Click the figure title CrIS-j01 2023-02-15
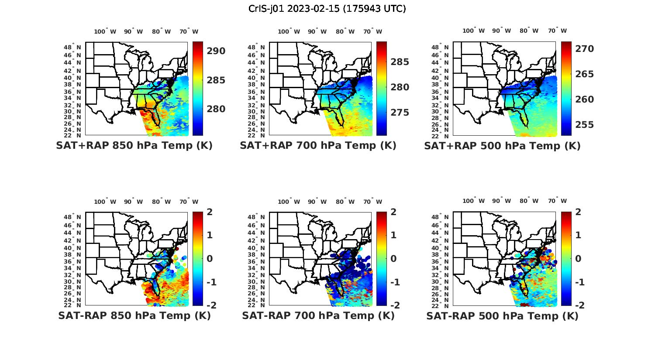pos(327,8)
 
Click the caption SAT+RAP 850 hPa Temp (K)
pos(134,145)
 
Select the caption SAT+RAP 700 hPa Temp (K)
pos(318,145)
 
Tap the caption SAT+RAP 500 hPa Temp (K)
pos(502,146)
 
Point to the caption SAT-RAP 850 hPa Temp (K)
pos(134,315)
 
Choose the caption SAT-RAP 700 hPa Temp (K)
pos(318,315)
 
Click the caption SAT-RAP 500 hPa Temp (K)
pos(502,316)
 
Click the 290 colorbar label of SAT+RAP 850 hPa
pos(216,51)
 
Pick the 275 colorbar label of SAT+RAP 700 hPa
pos(400,113)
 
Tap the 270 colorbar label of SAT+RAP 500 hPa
pos(585,49)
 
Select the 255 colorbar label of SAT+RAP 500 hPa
pos(585,125)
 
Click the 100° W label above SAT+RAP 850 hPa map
pos(105,31)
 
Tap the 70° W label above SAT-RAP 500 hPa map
pos(557,201)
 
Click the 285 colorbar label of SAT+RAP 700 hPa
pos(400,62)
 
